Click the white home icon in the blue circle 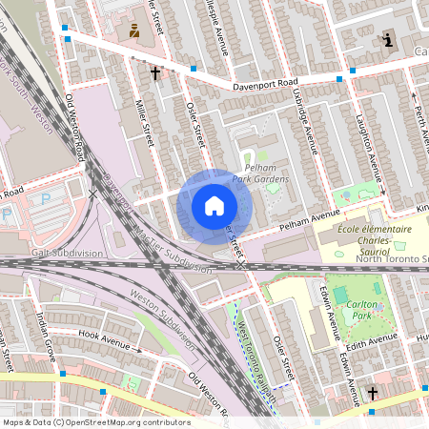point(214,205)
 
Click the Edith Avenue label point(369,339)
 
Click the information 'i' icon point(387,40)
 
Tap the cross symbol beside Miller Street point(155,72)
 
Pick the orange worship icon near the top point(134,31)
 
